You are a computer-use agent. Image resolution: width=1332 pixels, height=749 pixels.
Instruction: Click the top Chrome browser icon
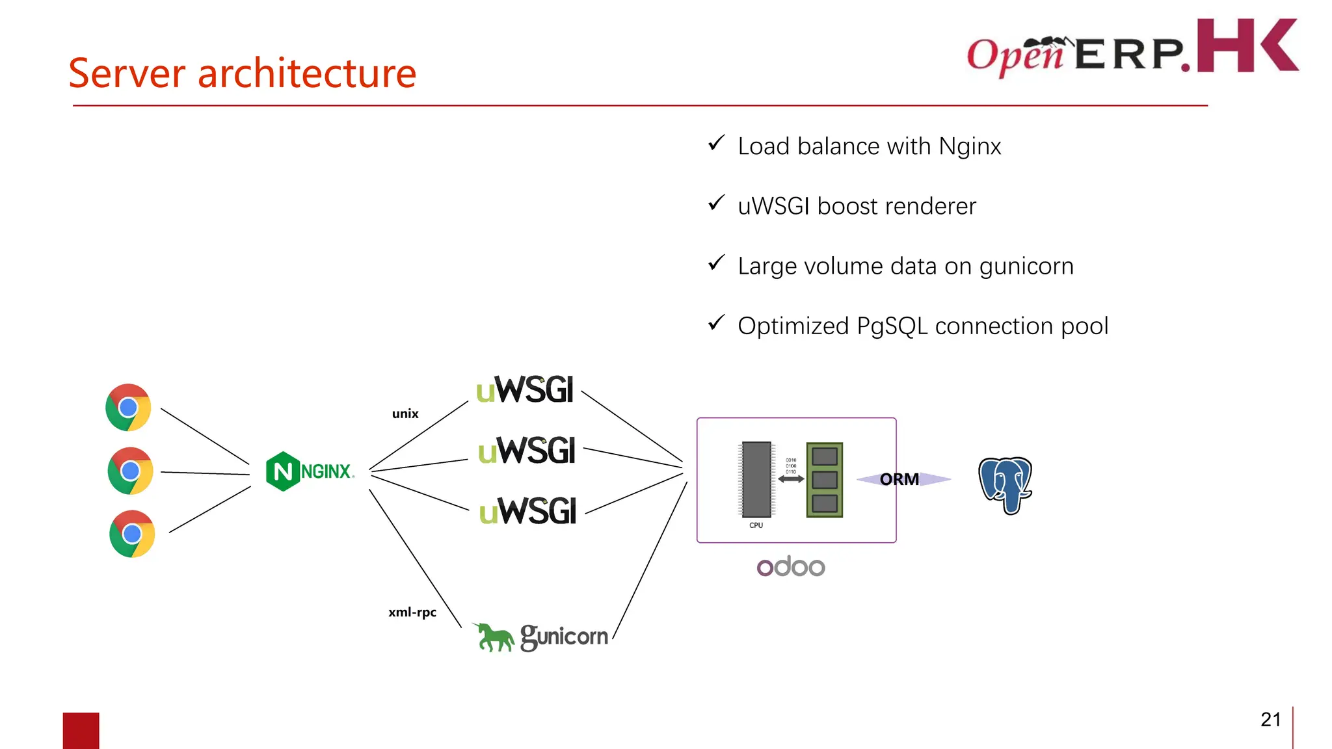pos(128,408)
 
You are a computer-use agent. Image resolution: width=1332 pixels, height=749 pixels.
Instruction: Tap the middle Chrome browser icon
pos(130,471)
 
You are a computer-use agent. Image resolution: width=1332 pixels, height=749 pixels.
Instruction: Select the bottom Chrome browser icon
pos(132,534)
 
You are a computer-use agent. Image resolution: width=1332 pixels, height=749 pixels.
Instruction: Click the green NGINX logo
pos(310,471)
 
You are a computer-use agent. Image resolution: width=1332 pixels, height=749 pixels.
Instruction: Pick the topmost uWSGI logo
pos(525,389)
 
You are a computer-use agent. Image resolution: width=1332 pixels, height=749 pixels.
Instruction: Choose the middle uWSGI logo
pos(527,451)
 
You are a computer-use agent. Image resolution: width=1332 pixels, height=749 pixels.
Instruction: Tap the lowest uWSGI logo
pos(527,511)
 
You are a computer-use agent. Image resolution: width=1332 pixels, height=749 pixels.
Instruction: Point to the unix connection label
pos(405,414)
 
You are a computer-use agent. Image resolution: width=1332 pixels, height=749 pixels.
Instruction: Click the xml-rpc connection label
pos(412,612)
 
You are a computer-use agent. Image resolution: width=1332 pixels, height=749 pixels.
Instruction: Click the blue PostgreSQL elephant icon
pos(1006,485)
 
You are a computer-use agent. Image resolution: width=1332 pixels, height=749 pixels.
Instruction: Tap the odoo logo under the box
pos(791,566)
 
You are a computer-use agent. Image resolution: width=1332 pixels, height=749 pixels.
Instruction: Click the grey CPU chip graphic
pos(756,479)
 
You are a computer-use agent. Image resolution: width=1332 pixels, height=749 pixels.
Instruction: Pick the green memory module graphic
pos(825,480)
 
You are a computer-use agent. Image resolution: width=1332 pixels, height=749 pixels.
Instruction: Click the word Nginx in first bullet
pos(970,146)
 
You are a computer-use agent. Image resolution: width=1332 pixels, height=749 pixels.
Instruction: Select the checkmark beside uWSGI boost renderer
pos(716,204)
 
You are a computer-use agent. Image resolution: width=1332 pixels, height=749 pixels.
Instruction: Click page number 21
pos(1270,719)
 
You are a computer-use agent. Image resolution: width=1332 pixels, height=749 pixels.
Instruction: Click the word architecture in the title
pos(306,73)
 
